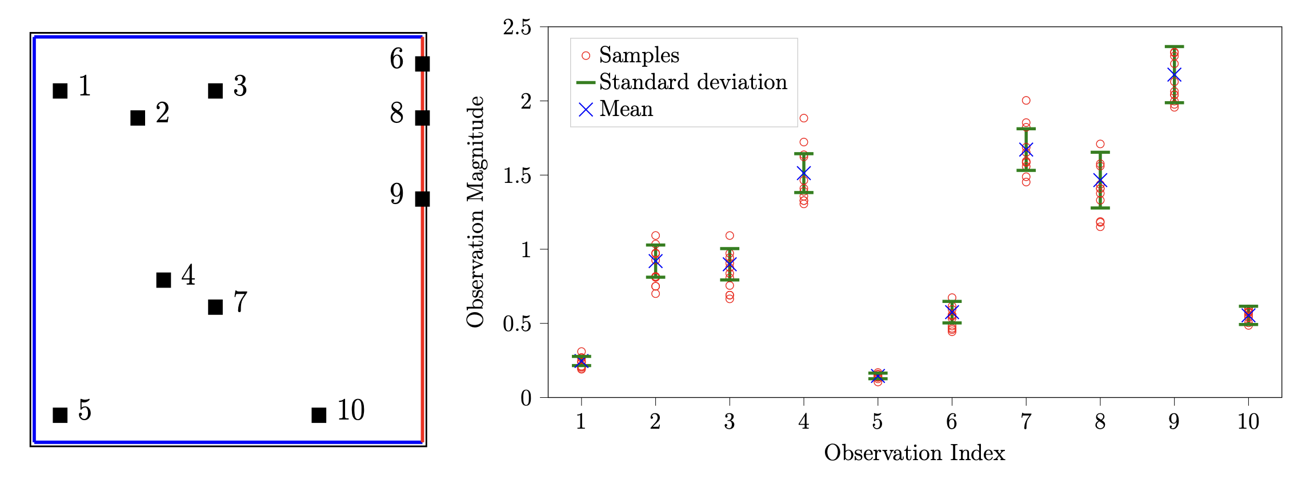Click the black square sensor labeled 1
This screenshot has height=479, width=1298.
point(60,90)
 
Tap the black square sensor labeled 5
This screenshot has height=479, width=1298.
point(60,415)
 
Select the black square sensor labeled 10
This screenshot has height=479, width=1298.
point(319,415)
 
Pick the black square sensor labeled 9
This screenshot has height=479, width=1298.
point(422,199)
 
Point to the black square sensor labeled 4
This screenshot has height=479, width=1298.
point(163,280)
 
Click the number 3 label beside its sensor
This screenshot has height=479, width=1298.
point(240,86)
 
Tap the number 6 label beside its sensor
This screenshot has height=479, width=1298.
point(396,59)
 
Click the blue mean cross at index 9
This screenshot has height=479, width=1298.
point(1174,75)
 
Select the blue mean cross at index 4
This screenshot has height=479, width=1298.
point(804,174)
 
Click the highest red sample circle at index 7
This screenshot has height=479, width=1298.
point(1026,101)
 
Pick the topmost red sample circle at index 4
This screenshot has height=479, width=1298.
point(804,118)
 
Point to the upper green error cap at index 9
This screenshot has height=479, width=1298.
point(1174,46)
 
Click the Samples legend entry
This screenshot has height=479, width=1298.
point(639,55)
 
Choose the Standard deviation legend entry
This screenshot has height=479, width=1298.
point(692,82)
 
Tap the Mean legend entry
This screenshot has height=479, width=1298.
point(626,109)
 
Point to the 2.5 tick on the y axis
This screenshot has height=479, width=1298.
point(517,27)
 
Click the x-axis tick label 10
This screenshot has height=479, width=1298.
point(1248,422)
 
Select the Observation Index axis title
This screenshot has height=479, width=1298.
point(914,453)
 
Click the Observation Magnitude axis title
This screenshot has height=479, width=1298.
point(475,211)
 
